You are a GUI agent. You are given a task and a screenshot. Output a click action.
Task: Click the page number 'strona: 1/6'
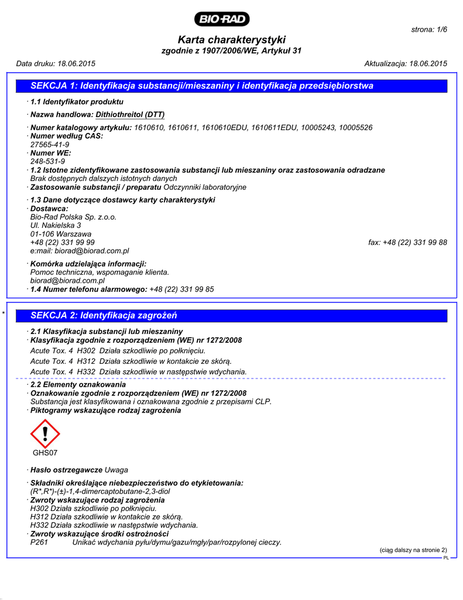[x=430, y=29]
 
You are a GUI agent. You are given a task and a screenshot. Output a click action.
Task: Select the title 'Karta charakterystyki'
[x=231, y=40]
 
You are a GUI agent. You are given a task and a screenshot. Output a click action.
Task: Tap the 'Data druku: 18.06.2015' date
[x=56, y=63]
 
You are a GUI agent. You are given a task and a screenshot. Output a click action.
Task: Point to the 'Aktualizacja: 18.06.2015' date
[x=406, y=63]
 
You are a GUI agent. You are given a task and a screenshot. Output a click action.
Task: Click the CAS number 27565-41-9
[x=50, y=144]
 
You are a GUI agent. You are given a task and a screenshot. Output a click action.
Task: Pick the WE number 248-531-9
[x=47, y=161]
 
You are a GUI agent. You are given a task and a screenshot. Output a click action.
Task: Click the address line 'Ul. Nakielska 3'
[x=56, y=225]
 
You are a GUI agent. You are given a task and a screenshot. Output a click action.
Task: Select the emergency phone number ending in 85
[x=181, y=289]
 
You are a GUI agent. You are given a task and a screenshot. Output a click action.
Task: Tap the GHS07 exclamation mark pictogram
[x=45, y=434]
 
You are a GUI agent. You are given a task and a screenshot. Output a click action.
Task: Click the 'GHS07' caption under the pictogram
[x=45, y=453]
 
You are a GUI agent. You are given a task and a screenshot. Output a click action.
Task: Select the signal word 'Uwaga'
[x=116, y=470]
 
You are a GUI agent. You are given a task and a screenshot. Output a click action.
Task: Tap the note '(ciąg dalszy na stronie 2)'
[x=413, y=550]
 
